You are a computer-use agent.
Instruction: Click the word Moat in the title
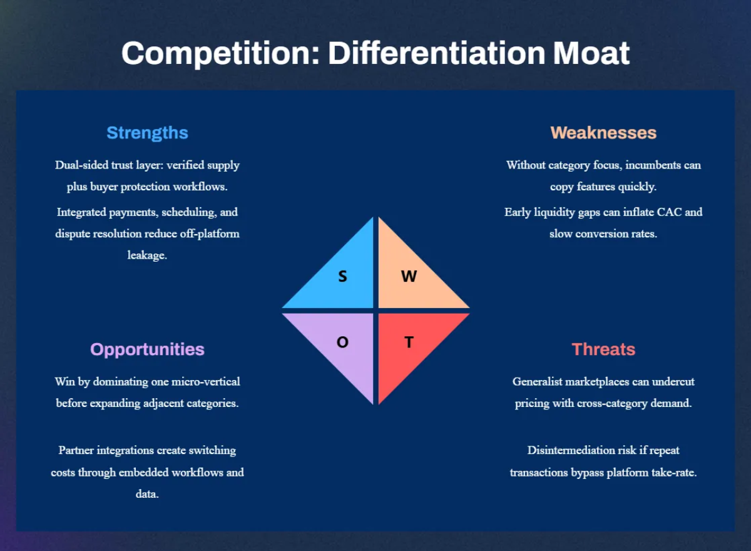(x=591, y=53)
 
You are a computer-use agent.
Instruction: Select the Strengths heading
(x=147, y=133)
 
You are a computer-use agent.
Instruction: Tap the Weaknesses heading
(x=603, y=133)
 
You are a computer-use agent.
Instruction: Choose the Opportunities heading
(x=147, y=350)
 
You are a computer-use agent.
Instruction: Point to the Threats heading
(x=603, y=349)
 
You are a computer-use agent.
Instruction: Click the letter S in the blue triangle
(x=342, y=276)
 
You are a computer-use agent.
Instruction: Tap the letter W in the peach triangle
(x=409, y=276)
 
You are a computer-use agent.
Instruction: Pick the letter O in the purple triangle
(x=342, y=342)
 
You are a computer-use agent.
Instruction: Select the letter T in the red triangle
(x=409, y=342)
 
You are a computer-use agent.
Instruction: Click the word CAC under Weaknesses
(x=669, y=212)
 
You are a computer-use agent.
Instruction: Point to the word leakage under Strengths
(x=147, y=255)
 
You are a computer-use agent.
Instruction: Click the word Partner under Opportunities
(x=76, y=450)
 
